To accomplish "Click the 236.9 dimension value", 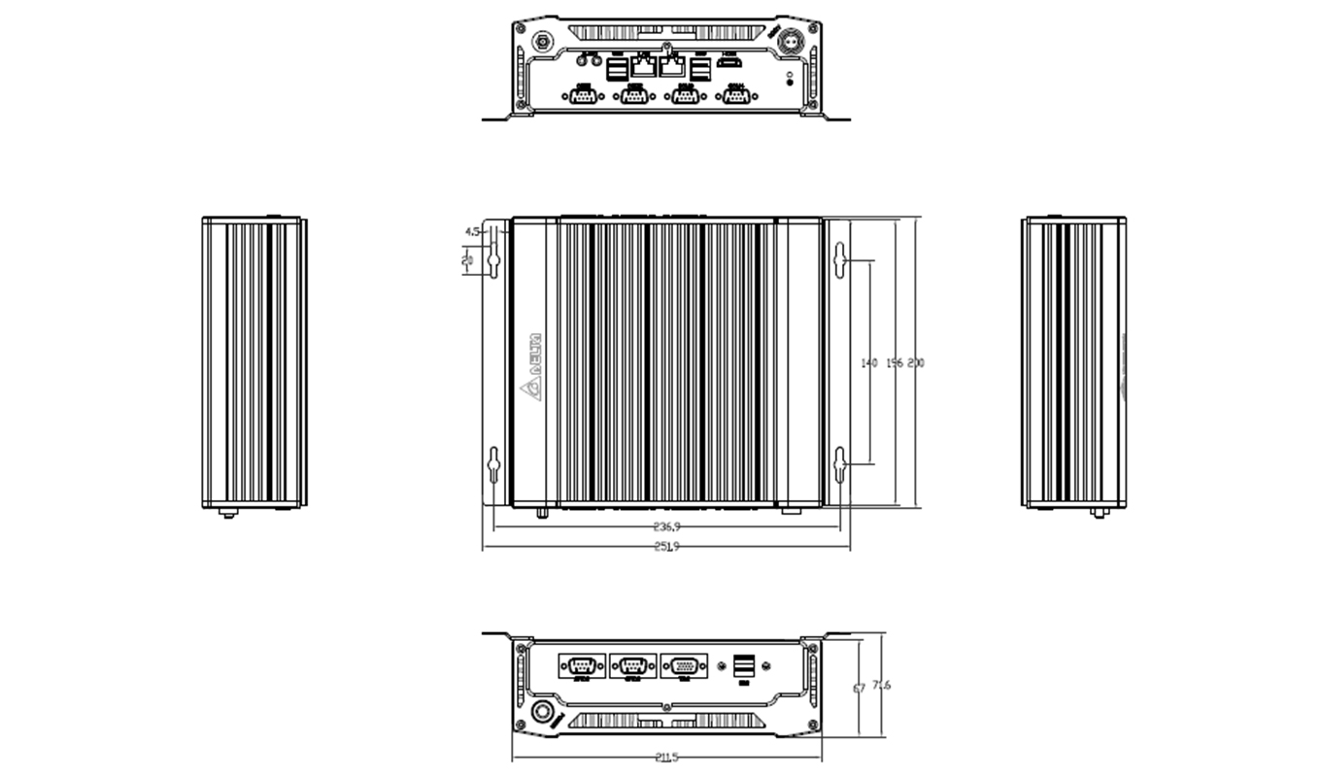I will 667,525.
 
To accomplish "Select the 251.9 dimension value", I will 667,547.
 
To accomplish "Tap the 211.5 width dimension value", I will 667,758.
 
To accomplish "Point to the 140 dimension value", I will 869,362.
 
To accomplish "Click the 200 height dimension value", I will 916,362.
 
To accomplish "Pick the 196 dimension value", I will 895,362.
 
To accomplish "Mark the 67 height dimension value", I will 859,688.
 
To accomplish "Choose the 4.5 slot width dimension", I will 472,231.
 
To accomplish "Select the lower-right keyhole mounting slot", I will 840,466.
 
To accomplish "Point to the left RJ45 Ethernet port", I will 643,66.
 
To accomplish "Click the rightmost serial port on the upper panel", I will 736,95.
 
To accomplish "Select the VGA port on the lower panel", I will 685,666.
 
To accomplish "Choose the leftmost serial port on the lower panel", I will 582,666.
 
